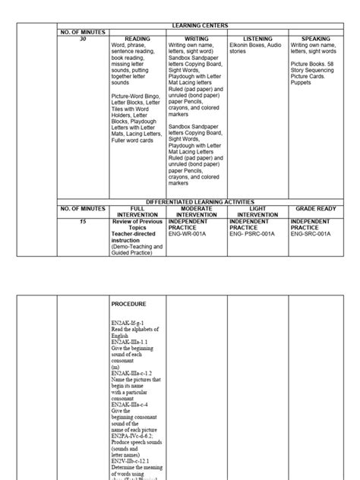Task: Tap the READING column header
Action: [x=137, y=38]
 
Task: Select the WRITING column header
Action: [x=197, y=38]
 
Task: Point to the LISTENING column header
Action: [x=257, y=38]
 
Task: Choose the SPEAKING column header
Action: [x=316, y=38]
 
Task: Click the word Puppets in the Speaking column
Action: [x=301, y=83]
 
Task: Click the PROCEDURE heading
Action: [x=128, y=304]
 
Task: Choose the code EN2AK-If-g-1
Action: [x=131, y=323]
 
